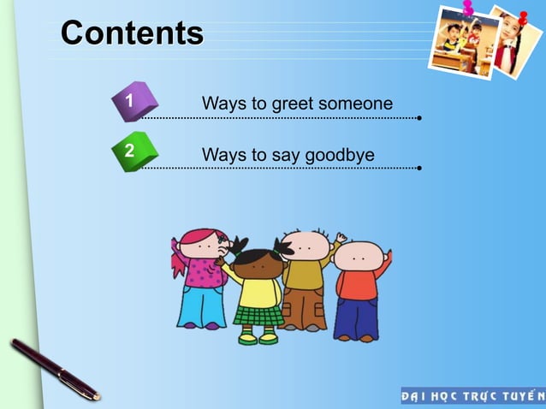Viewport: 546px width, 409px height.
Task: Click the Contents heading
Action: tap(133, 34)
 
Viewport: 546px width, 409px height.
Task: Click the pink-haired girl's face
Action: tap(202, 245)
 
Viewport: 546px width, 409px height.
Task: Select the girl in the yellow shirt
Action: tap(258, 291)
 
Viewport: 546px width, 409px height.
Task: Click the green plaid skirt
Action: tap(258, 315)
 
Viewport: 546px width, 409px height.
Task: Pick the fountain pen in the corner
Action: tap(54, 369)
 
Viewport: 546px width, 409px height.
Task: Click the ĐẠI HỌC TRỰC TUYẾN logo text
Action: tap(472, 396)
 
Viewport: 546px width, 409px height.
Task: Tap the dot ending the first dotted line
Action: tap(418, 118)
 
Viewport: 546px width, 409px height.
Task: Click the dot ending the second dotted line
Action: tap(418, 168)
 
